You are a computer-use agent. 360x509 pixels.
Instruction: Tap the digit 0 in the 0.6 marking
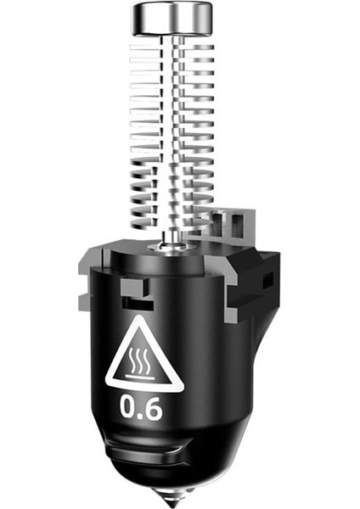[x=128, y=406]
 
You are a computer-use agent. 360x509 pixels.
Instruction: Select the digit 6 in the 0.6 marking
[x=153, y=407]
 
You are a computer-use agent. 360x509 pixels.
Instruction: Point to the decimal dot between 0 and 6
[x=140, y=415]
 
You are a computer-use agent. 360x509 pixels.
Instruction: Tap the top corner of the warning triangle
[x=141, y=316]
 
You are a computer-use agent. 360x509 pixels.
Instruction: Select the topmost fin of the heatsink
[x=172, y=48]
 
